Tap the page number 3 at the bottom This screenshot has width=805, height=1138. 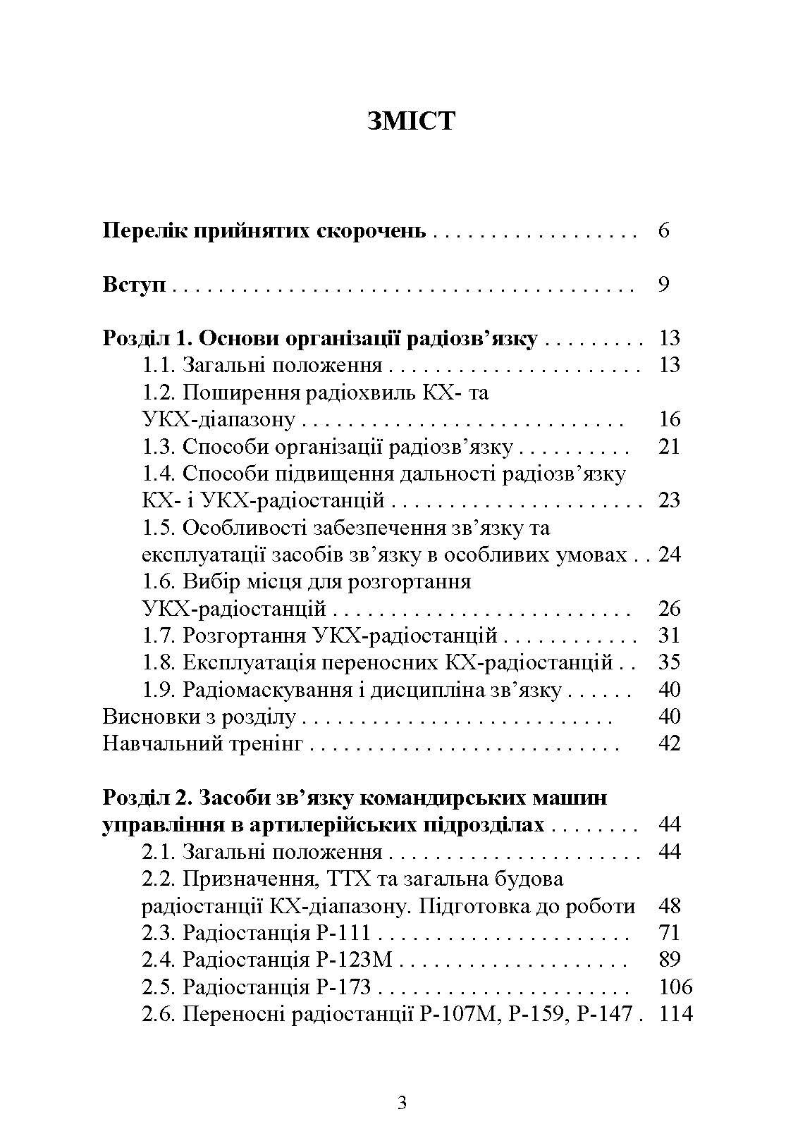coord(402,1103)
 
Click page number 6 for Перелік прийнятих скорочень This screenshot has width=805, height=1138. coord(663,230)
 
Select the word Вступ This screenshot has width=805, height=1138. coord(134,285)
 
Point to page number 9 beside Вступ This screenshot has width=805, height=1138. coord(663,285)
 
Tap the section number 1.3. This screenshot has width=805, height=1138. coord(159,447)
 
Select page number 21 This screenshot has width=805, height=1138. coord(668,447)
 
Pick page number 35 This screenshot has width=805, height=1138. coord(668,662)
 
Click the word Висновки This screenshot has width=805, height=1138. coord(145,717)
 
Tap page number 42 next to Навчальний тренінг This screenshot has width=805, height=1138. coord(668,743)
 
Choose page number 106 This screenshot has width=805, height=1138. coord(675,987)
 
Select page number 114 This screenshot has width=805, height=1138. coord(675,1014)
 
